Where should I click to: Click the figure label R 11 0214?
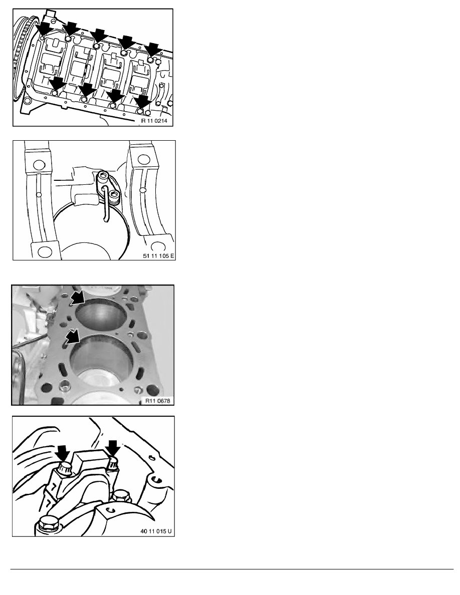coord(154,121)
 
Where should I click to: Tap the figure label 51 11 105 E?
coord(159,256)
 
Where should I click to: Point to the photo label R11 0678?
coord(158,401)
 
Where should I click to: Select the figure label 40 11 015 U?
coord(156,531)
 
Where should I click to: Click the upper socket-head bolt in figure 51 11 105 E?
coord(103,175)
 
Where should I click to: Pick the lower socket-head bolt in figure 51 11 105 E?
coord(114,196)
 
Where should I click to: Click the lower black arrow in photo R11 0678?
coord(72,336)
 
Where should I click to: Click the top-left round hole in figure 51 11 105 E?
coord(38,165)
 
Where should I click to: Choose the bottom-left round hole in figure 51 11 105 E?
coord(45,251)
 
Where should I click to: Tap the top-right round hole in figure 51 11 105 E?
coord(143,157)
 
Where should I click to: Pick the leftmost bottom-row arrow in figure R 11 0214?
coord(57,83)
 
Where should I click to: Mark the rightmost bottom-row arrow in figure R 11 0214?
coord(143,102)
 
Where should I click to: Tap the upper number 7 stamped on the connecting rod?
coord(55,486)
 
